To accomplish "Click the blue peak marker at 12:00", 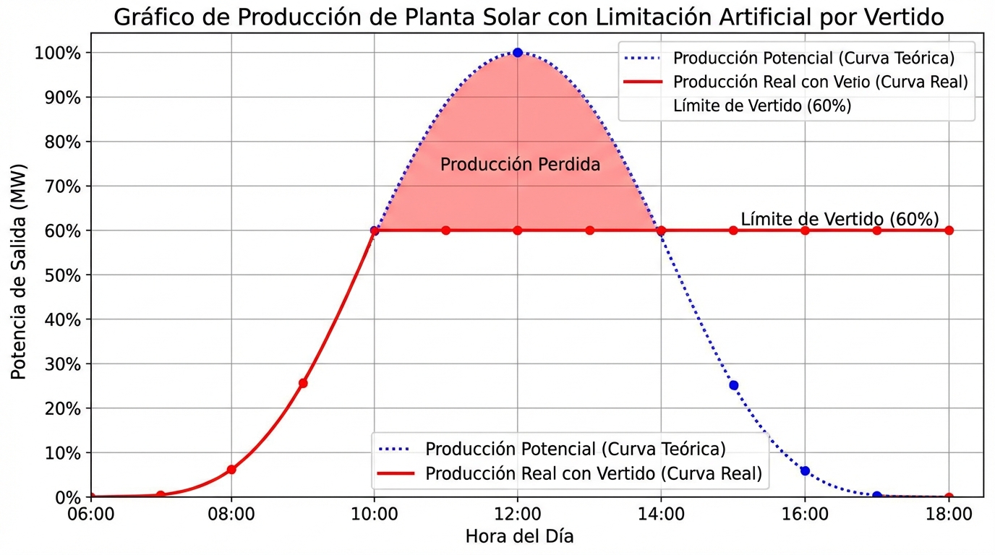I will (x=517, y=53).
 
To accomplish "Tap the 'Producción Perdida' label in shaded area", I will (x=520, y=165).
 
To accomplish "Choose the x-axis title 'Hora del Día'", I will (x=519, y=537).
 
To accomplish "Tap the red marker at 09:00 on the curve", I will (x=303, y=383).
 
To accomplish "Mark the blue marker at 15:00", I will (x=734, y=385).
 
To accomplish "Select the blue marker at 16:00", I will (x=805, y=470).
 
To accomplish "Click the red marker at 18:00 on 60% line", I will (x=949, y=231).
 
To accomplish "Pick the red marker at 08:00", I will (x=231, y=470).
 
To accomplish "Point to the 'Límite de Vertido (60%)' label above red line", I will (x=840, y=219).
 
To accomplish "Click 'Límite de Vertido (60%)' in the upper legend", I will (x=761, y=106).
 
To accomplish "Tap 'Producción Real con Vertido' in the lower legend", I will (x=593, y=474).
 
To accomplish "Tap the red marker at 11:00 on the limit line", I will (x=445, y=231).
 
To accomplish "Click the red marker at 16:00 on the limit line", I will (x=805, y=231).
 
